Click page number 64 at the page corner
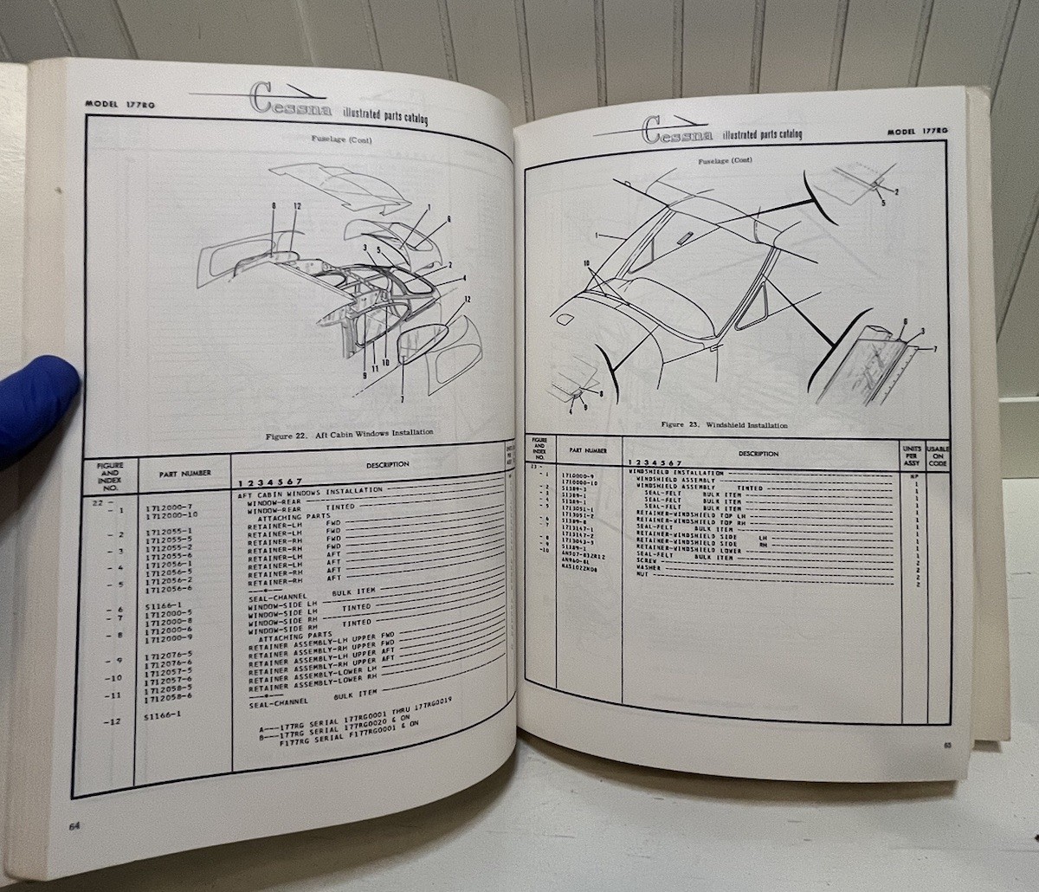pyautogui.click(x=75, y=824)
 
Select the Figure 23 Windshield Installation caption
pyautogui.click(x=724, y=425)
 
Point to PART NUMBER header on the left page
pyautogui.click(x=184, y=474)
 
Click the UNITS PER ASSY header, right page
pyautogui.click(x=911, y=454)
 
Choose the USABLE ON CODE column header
pyautogui.click(x=938, y=455)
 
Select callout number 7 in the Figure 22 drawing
pyautogui.click(x=402, y=399)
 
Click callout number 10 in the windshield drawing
pyautogui.click(x=585, y=262)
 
